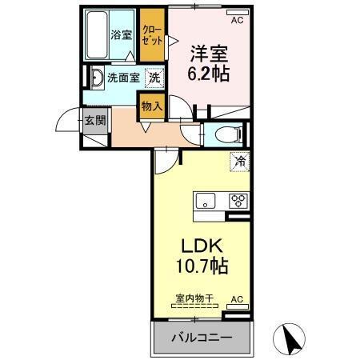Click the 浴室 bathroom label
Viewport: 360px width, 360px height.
pos(121,35)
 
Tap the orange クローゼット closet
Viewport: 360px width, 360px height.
pos(151,34)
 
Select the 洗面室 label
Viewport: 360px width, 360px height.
pos(123,79)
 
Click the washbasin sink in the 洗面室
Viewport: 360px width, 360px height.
pos(95,78)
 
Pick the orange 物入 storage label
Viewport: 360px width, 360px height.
pos(152,104)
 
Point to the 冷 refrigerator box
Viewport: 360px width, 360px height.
pos(239,161)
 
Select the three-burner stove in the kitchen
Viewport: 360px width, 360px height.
pos(238,201)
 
